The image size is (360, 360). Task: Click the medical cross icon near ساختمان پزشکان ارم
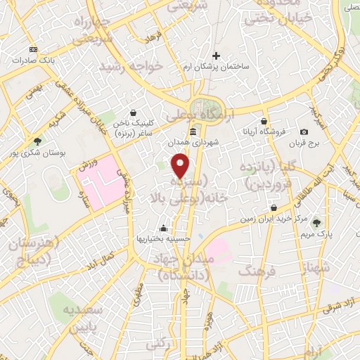coord(216,56)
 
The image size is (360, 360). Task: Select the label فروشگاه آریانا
coord(264,131)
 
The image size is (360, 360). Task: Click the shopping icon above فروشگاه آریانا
coord(264,121)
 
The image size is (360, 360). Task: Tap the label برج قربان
coord(304,143)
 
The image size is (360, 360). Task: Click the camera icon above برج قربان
coord(304,131)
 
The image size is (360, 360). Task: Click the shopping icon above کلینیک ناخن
coord(134,112)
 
